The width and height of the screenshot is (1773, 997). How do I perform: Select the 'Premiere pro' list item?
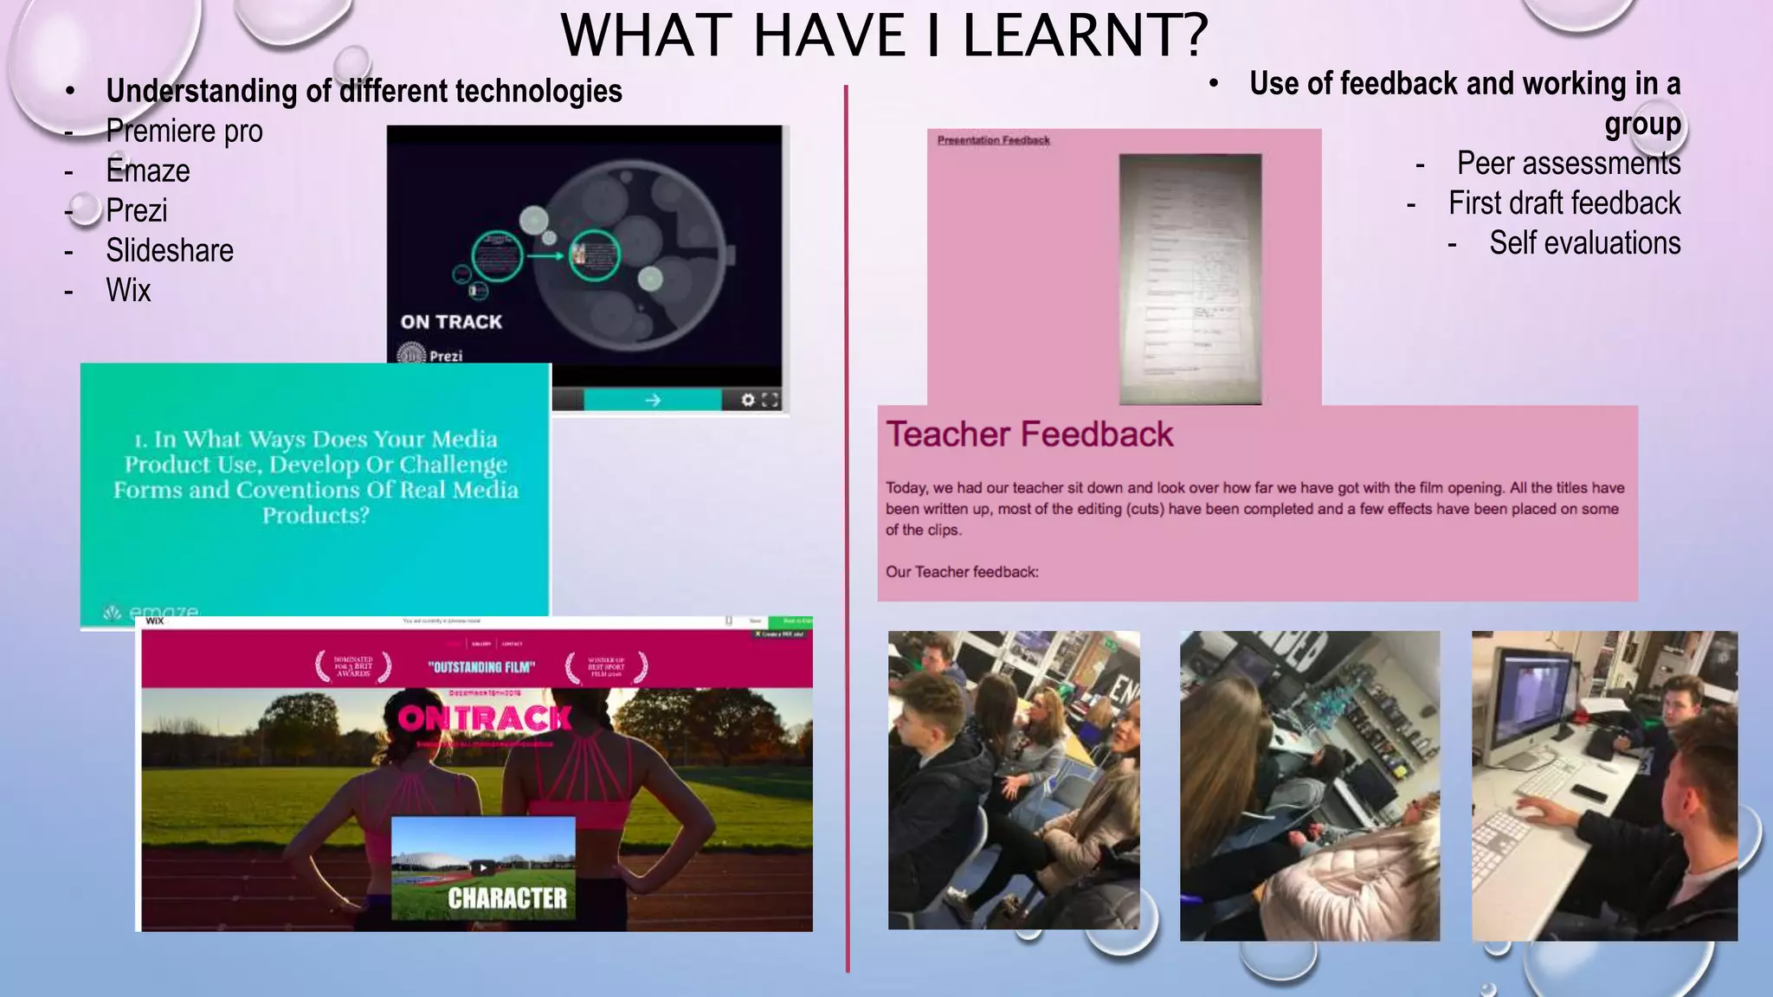click(x=184, y=132)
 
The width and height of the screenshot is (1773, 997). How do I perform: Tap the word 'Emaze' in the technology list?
click(x=147, y=171)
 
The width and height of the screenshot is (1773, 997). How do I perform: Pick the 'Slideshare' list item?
click(x=170, y=251)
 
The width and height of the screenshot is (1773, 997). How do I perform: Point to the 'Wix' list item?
click(x=128, y=291)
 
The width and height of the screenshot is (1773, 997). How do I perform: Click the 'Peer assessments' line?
click(x=1568, y=164)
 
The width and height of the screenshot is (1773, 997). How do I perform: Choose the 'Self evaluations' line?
click(x=1584, y=243)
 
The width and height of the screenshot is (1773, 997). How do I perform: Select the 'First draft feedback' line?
click(x=1563, y=203)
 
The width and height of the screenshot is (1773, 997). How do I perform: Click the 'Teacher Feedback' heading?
click(x=1029, y=434)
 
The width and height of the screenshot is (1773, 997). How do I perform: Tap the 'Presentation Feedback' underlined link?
click(x=993, y=140)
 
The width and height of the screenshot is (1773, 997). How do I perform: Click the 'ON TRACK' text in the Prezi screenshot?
click(x=451, y=322)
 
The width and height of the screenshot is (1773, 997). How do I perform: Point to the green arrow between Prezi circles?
click(x=545, y=256)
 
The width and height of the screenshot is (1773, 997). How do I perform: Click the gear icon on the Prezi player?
click(x=748, y=400)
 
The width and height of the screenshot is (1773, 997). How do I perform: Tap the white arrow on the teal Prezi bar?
click(x=653, y=400)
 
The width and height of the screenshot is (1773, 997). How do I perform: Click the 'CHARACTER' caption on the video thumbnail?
click(x=507, y=898)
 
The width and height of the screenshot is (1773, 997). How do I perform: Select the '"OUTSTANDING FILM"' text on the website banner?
click(x=481, y=667)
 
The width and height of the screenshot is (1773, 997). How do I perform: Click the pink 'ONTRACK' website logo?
click(x=485, y=718)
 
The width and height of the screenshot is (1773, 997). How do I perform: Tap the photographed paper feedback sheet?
click(x=1190, y=279)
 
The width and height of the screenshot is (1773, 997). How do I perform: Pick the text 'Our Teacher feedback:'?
click(x=962, y=572)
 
